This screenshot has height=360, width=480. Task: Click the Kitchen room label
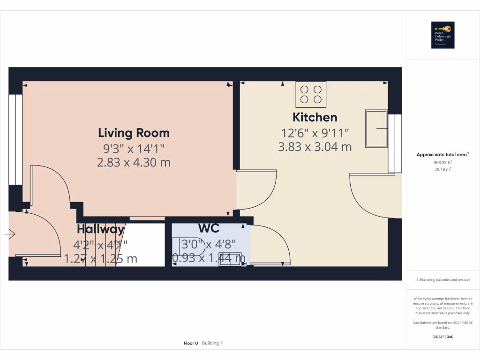[315, 117]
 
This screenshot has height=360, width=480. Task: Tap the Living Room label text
[134, 133]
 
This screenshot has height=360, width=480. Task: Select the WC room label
[209, 228]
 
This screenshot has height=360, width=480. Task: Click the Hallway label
[101, 229]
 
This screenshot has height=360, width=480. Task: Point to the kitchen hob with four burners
[311, 94]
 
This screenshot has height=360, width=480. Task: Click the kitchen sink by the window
[376, 128]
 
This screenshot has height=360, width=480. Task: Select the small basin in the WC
[230, 259]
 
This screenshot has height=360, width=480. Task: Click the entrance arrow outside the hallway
[10, 233]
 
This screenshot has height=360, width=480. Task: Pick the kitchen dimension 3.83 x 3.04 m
[315, 147]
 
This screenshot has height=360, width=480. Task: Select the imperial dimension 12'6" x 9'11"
[315, 133]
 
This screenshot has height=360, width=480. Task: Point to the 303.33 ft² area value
[442, 163]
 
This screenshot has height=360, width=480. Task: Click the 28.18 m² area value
[442, 169]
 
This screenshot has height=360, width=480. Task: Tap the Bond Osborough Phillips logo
[442, 35]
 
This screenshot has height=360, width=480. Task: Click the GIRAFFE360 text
[442, 337]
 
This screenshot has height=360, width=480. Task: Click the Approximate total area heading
[442, 154]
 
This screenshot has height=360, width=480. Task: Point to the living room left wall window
[15, 140]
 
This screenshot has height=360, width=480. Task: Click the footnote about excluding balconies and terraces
[442, 280]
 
